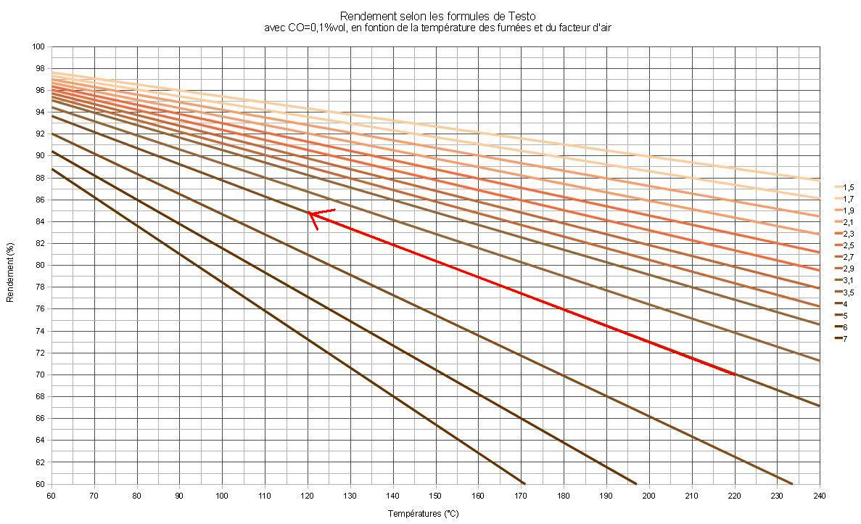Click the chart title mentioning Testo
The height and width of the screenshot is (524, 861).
pyautogui.click(x=438, y=16)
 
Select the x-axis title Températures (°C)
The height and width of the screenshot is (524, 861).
pyautogui.click(x=423, y=513)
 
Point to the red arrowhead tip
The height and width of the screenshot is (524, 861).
pyautogui.click(x=308, y=213)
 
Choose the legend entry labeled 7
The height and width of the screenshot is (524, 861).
pyautogui.click(x=844, y=338)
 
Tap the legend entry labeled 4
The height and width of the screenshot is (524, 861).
pyautogui.click(x=844, y=303)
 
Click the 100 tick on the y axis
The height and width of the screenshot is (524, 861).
pyautogui.click(x=39, y=46)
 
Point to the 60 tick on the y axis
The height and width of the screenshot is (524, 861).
pyautogui.click(x=41, y=484)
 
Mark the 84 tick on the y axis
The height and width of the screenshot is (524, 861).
pyautogui.click(x=41, y=221)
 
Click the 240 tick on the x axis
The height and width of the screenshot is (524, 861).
pyautogui.click(x=820, y=495)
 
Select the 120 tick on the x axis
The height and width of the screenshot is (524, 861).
pyautogui.click(x=308, y=495)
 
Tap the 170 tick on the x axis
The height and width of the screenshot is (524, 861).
pyautogui.click(x=521, y=495)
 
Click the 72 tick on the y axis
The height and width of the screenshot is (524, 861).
pyautogui.click(x=41, y=353)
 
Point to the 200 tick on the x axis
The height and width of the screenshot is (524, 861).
pyautogui.click(x=649, y=495)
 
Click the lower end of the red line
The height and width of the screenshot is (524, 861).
pyautogui.click(x=734, y=374)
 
